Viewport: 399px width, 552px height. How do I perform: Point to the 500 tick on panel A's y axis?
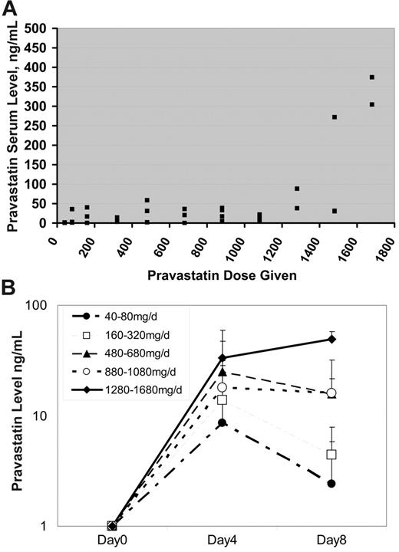point(38,28)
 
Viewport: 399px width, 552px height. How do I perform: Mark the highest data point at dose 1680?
point(371,77)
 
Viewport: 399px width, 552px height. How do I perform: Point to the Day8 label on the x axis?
point(331,540)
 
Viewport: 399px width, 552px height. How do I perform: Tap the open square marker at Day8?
point(331,455)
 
